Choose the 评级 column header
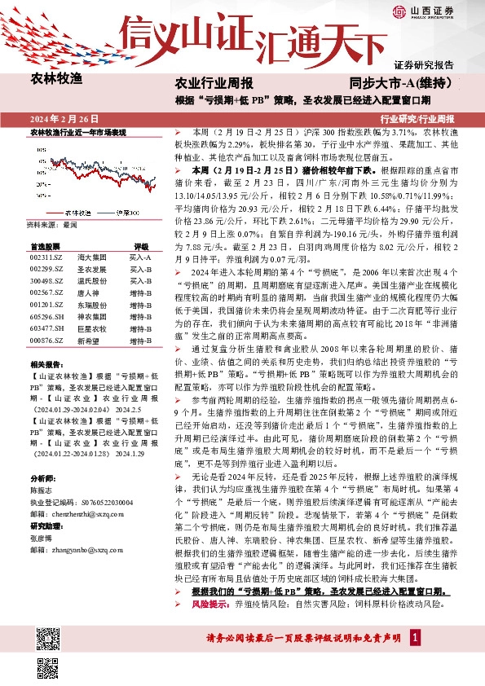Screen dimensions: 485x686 [x=140, y=245]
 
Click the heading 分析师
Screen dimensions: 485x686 [x=40, y=477]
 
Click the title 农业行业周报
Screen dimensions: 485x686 [x=214, y=83]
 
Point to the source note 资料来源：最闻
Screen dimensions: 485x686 [x=52, y=223]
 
